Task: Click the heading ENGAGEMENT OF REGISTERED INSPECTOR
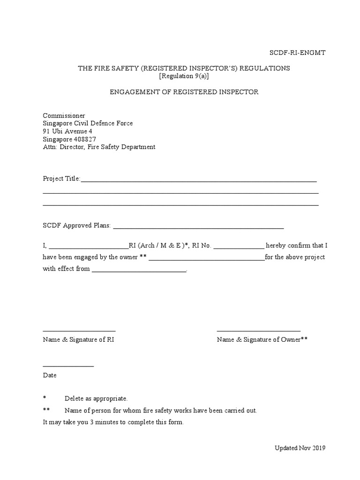[184, 92]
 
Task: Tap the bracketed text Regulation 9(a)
[184, 76]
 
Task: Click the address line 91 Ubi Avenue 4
[67, 131]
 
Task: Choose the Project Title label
[61, 179]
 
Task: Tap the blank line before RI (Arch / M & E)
[88, 247]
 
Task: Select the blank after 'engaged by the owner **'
[206, 259]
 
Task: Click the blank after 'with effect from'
[139, 271]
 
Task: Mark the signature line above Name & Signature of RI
[79, 331]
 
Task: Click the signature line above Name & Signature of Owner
[258, 331]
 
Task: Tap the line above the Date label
[68, 366]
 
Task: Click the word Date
[50, 375]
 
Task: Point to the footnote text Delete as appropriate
[96, 398]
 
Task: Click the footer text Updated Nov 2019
[300, 448]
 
